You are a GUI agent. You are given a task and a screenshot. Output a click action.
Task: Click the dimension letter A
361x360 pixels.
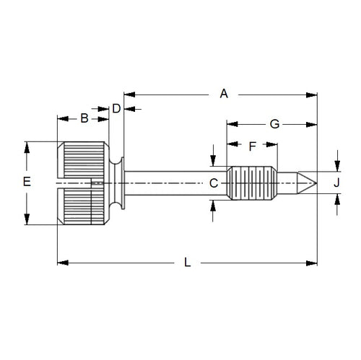[224, 94]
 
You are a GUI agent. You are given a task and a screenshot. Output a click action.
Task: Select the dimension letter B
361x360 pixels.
[84, 118]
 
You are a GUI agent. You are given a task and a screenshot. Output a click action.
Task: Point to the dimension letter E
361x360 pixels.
[26, 183]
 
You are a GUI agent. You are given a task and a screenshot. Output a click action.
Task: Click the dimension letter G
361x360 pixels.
[274, 123]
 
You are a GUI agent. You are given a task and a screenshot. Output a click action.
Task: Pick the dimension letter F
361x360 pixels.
[252, 146]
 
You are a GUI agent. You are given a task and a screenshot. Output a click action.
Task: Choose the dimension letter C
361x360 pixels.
[214, 183]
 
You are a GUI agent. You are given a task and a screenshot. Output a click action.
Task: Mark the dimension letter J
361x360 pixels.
[336, 183]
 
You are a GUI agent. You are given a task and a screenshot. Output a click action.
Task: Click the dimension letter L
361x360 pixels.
[188, 263]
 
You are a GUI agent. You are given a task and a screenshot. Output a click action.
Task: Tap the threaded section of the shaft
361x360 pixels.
[252, 183]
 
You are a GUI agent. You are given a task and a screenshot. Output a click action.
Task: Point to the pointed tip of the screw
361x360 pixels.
[310, 183]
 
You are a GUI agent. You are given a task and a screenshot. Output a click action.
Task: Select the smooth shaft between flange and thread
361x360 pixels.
[177, 183]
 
